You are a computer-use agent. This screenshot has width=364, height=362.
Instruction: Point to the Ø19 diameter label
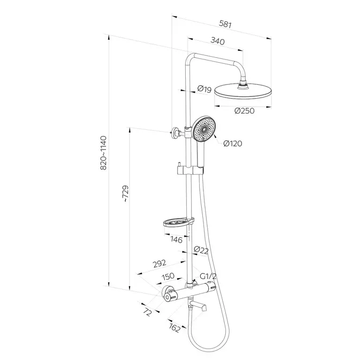(x=203, y=89)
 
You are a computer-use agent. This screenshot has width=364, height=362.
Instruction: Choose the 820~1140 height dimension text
(x=104, y=153)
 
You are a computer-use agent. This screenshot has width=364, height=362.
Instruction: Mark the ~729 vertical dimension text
(x=125, y=194)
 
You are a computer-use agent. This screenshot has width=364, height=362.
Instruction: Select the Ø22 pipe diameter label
(x=201, y=250)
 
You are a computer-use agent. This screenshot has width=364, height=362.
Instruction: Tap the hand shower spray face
(x=204, y=130)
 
